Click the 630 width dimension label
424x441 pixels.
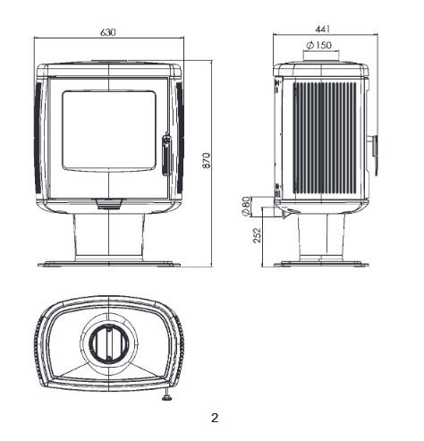(107, 32)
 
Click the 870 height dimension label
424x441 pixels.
(207, 161)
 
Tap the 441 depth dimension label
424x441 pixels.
(323, 29)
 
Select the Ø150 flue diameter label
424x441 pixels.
(318, 45)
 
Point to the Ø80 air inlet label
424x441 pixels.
(246, 206)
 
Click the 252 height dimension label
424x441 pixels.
(257, 235)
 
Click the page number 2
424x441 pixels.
(215, 418)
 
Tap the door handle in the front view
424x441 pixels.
(167, 156)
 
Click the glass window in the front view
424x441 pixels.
(109, 131)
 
